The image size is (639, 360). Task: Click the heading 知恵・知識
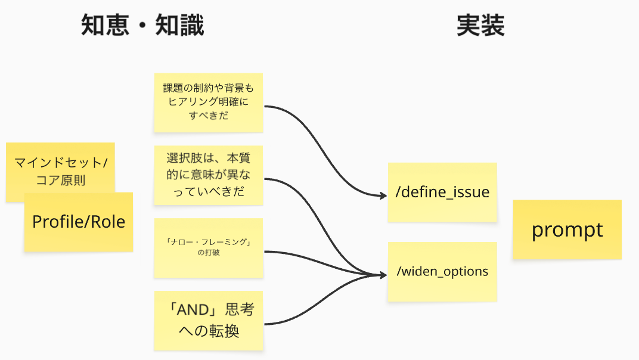click(x=142, y=25)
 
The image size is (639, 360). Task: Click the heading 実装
click(x=480, y=25)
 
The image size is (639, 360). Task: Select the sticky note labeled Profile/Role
click(x=79, y=222)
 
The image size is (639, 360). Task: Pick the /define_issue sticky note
click(x=442, y=193)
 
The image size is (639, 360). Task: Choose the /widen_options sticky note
click(x=442, y=272)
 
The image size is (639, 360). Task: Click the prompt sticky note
click(x=567, y=229)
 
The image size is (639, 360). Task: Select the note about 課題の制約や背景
click(x=208, y=103)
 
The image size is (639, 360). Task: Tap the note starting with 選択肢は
click(x=208, y=175)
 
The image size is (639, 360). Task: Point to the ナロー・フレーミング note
click(x=208, y=248)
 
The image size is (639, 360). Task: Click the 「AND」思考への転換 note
click(x=208, y=321)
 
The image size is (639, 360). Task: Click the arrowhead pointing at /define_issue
click(x=383, y=196)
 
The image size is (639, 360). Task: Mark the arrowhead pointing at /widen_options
click(x=383, y=275)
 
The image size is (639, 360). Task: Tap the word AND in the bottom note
click(x=193, y=310)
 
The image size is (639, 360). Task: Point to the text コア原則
click(x=61, y=180)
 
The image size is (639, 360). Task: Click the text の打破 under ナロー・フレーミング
click(x=209, y=252)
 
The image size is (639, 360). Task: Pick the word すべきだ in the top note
click(x=209, y=116)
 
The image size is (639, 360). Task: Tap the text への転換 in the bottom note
click(x=209, y=331)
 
